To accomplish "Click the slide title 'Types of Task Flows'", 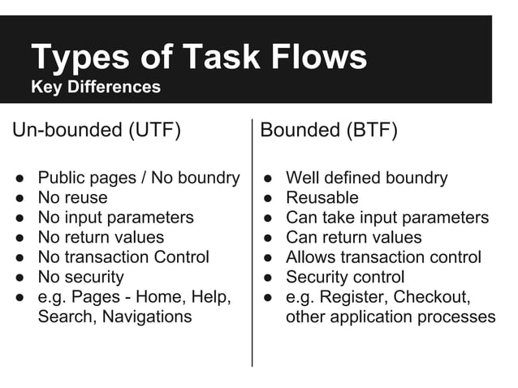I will coord(199,57).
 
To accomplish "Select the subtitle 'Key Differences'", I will coord(96,88).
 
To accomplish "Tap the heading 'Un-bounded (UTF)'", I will coord(96,131).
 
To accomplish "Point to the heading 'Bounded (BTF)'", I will coord(329,131).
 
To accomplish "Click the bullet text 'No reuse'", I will coord(72,197).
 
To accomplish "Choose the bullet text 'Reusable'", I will coord(322,197).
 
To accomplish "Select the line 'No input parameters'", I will coord(115,218).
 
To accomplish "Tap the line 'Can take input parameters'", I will coord(386,218).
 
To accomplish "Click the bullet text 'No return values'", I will coord(101,237).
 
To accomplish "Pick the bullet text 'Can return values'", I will coord(353,237).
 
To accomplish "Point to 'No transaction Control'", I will coord(123,257).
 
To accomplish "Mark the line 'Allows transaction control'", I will coord(383,257).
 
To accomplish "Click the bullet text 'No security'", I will coord(80,277).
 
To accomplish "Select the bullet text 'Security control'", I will coord(345,277).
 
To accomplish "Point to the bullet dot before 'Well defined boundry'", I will coord(269,178).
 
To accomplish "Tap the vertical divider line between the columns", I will coord(253,244).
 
